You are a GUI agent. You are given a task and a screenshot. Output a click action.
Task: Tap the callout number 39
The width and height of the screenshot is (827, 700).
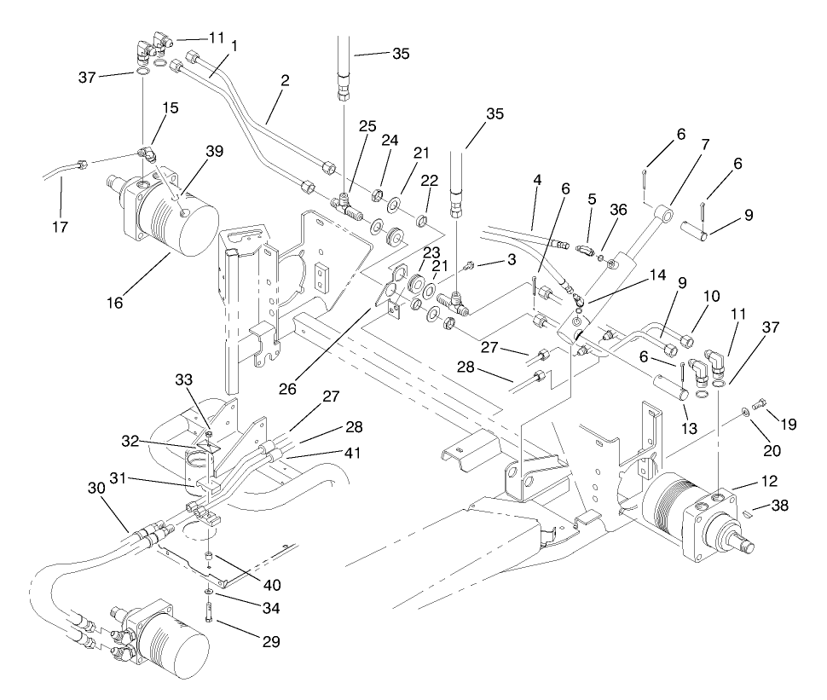214,151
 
